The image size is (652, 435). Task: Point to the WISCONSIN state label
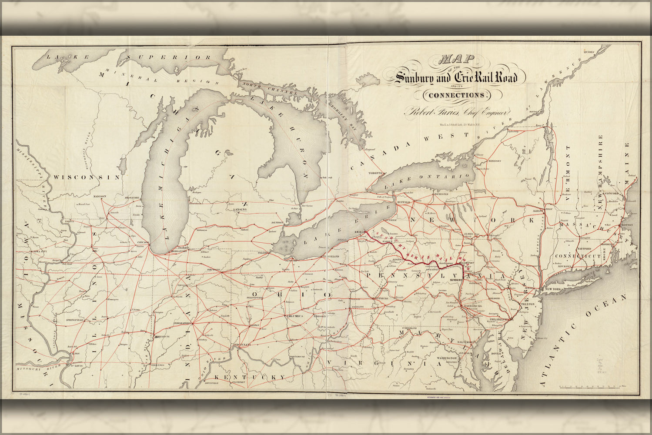point(87,177)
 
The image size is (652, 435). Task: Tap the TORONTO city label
point(375,173)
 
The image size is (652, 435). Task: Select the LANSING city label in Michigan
point(240,209)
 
